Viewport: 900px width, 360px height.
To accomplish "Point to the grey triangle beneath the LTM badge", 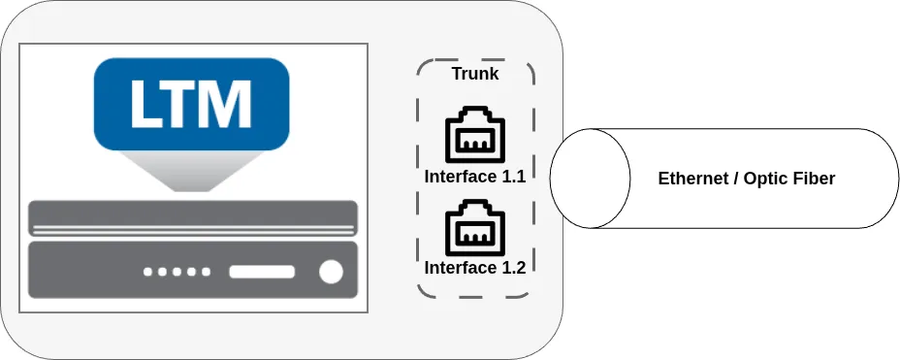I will pos(193,173).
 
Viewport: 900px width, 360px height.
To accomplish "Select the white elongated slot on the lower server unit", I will pos(261,273).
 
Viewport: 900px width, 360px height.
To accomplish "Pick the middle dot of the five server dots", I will pos(177,273).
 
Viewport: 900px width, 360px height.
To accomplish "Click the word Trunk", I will pos(475,74).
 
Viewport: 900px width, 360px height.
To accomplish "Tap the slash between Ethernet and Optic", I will pos(733,179).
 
